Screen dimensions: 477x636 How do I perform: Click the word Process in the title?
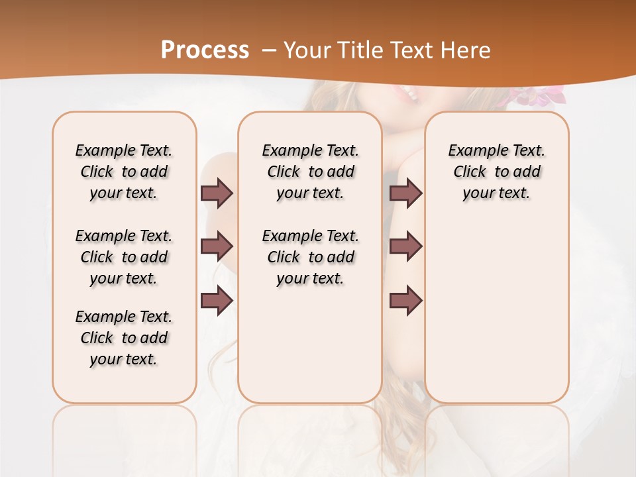pos(205,50)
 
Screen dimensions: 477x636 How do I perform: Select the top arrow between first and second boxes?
pos(217,193)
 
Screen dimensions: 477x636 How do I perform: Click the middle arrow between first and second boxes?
pos(217,246)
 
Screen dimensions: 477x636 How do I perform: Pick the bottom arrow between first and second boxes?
pos(217,301)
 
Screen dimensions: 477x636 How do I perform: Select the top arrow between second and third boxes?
pos(405,193)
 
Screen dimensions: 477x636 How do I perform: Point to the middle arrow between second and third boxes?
pos(405,246)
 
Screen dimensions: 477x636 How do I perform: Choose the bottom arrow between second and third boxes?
pos(405,301)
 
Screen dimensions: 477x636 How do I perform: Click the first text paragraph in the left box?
pos(124,172)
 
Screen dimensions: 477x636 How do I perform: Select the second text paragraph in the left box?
pos(124,257)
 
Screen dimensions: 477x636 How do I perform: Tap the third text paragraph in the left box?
pos(124,338)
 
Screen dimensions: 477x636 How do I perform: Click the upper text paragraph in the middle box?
pos(310,172)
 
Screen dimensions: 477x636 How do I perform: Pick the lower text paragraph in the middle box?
pos(310,257)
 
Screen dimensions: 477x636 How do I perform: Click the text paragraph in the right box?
pos(497,172)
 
